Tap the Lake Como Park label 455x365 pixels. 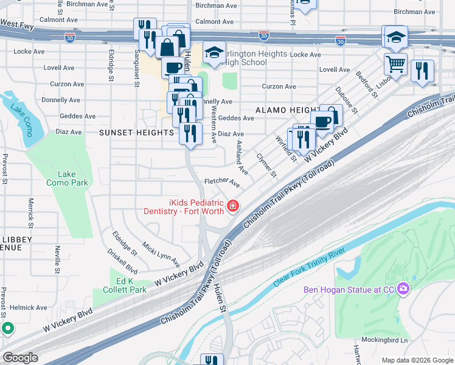[68, 178]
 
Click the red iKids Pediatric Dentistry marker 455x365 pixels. [232, 207]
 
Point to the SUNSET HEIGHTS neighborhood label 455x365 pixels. [137, 132]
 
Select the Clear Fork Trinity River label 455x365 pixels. [309, 267]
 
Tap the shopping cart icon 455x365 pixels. [396, 63]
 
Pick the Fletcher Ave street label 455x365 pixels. [222, 182]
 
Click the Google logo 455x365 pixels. [20, 358]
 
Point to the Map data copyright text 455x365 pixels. [417, 360]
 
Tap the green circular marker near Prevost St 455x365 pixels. [8, 329]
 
